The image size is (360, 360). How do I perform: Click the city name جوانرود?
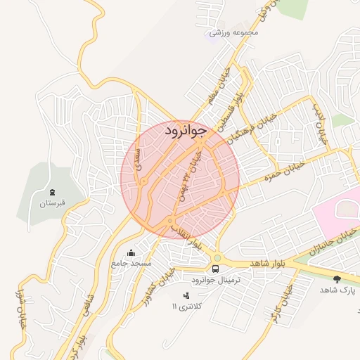click(x=186, y=131)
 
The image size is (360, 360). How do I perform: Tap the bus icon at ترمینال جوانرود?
click(x=216, y=269)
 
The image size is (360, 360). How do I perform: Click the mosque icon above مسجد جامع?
click(x=131, y=252)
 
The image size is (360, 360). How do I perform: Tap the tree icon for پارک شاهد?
click(x=337, y=279)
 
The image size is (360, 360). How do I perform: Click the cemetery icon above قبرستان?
click(x=52, y=192)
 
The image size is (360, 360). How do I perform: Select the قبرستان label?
click(x=52, y=202)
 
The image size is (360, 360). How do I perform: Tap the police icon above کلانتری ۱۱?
click(x=186, y=296)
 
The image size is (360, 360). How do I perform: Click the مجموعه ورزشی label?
click(x=235, y=32)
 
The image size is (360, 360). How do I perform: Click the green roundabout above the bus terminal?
click(x=217, y=257)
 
